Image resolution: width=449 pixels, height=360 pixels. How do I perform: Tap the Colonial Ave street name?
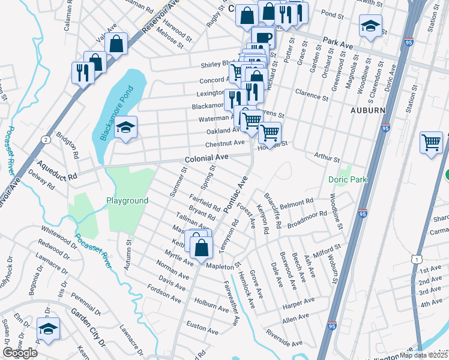206,157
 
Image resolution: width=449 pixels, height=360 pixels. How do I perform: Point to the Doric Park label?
346,179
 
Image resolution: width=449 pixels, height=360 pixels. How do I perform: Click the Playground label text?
127,200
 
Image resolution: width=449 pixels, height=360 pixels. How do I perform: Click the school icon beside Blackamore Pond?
126,127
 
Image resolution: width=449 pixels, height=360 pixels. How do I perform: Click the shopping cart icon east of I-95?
432,142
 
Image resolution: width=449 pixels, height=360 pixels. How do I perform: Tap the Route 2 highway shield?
46,139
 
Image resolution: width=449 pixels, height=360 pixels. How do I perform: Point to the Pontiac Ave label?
235,195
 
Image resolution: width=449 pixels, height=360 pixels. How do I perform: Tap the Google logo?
20,353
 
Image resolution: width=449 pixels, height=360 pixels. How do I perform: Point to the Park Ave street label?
337,43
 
